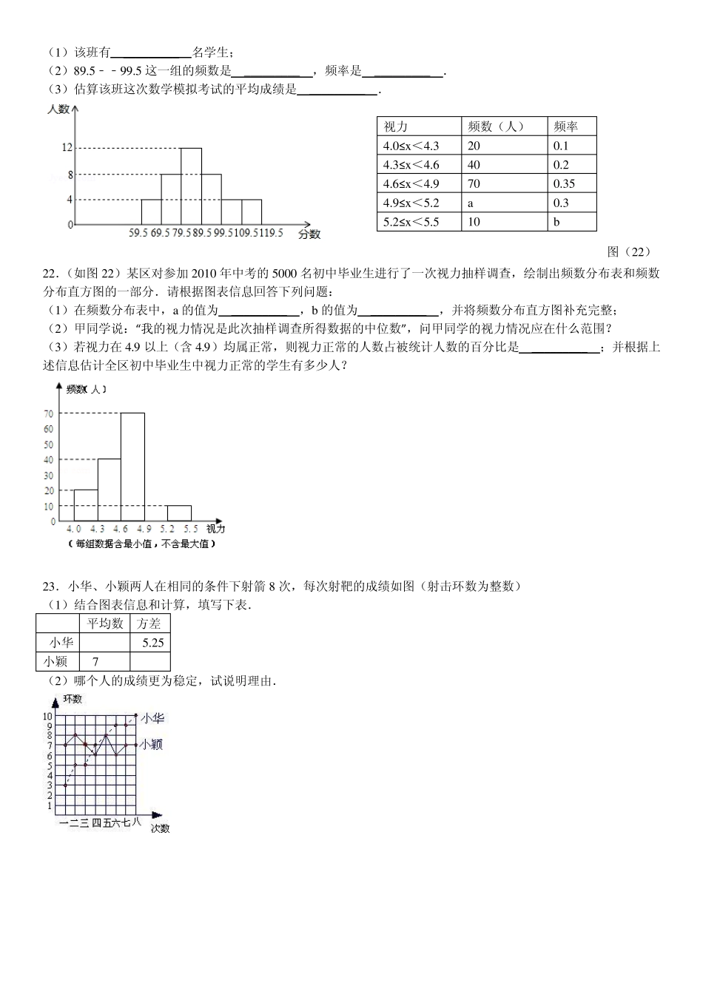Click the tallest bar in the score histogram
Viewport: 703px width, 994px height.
tap(191, 186)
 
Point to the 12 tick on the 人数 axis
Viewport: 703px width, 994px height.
tap(67, 148)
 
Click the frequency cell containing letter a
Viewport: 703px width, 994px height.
tap(471, 203)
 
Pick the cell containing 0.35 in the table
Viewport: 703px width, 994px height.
tap(564, 184)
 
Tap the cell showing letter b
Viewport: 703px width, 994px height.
tap(556, 222)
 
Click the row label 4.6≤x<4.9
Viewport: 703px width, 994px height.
tap(411, 184)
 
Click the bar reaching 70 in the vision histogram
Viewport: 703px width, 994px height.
tap(132, 466)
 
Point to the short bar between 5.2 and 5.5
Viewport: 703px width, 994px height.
tap(179, 513)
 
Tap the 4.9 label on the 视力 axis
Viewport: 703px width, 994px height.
tap(144, 530)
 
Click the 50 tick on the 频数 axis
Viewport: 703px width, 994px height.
tap(49, 444)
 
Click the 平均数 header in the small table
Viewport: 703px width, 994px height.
tap(105, 623)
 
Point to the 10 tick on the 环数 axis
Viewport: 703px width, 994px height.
tap(47, 716)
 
